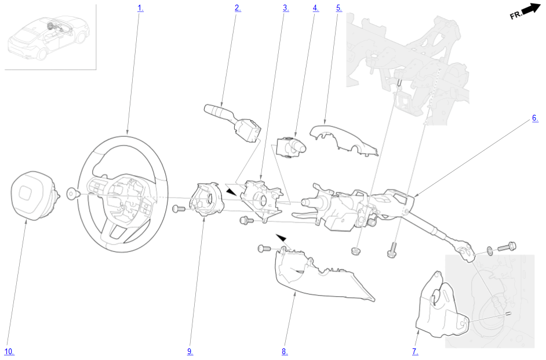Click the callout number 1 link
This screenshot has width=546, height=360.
[140, 8]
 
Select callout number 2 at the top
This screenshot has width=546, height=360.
[238, 8]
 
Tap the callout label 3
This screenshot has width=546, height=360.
[286, 8]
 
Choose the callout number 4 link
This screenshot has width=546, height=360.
[316, 8]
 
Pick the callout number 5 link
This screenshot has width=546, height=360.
[339, 8]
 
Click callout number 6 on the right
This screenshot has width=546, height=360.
[535, 118]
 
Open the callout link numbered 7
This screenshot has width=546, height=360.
[415, 352]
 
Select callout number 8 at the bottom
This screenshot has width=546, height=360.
[285, 352]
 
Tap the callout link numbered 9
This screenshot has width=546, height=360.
[190, 352]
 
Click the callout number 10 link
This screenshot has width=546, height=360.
[9, 352]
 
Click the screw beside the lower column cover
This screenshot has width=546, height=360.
[264, 249]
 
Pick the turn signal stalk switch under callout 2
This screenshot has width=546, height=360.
[232, 122]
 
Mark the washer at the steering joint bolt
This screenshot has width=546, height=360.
[490, 250]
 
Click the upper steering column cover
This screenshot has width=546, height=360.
[344, 140]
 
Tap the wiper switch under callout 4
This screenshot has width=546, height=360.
[291, 147]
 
